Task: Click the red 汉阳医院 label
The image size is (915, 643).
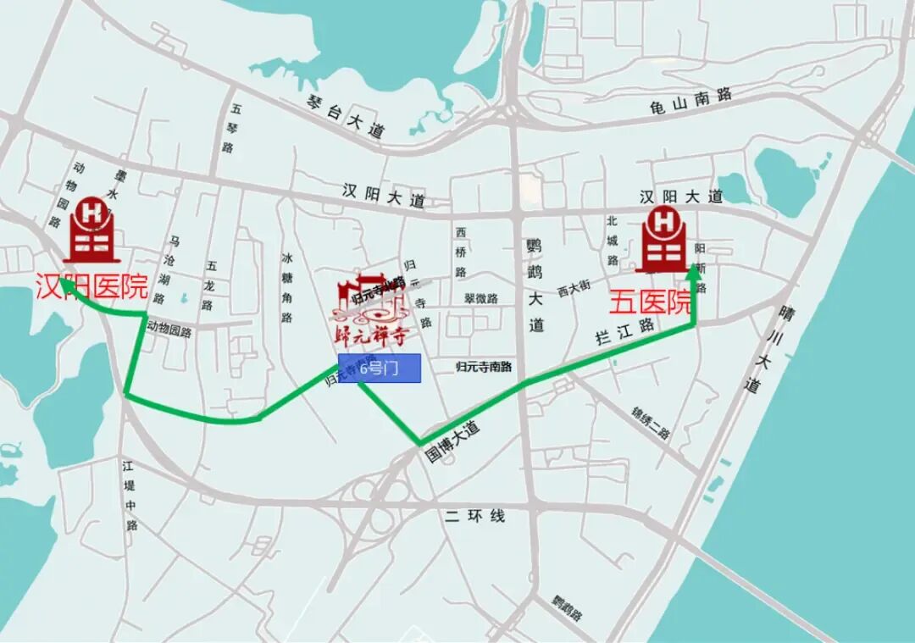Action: pos(91,287)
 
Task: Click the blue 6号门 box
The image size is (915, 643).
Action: pos(380,369)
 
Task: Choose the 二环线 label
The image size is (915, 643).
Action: pos(474,515)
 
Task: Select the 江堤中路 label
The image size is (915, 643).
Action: pos(130,496)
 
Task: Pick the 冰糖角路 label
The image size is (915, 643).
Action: pos(288,287)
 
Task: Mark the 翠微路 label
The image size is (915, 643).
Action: pos(480,298)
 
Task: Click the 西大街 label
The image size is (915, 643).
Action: pos(574,288)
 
